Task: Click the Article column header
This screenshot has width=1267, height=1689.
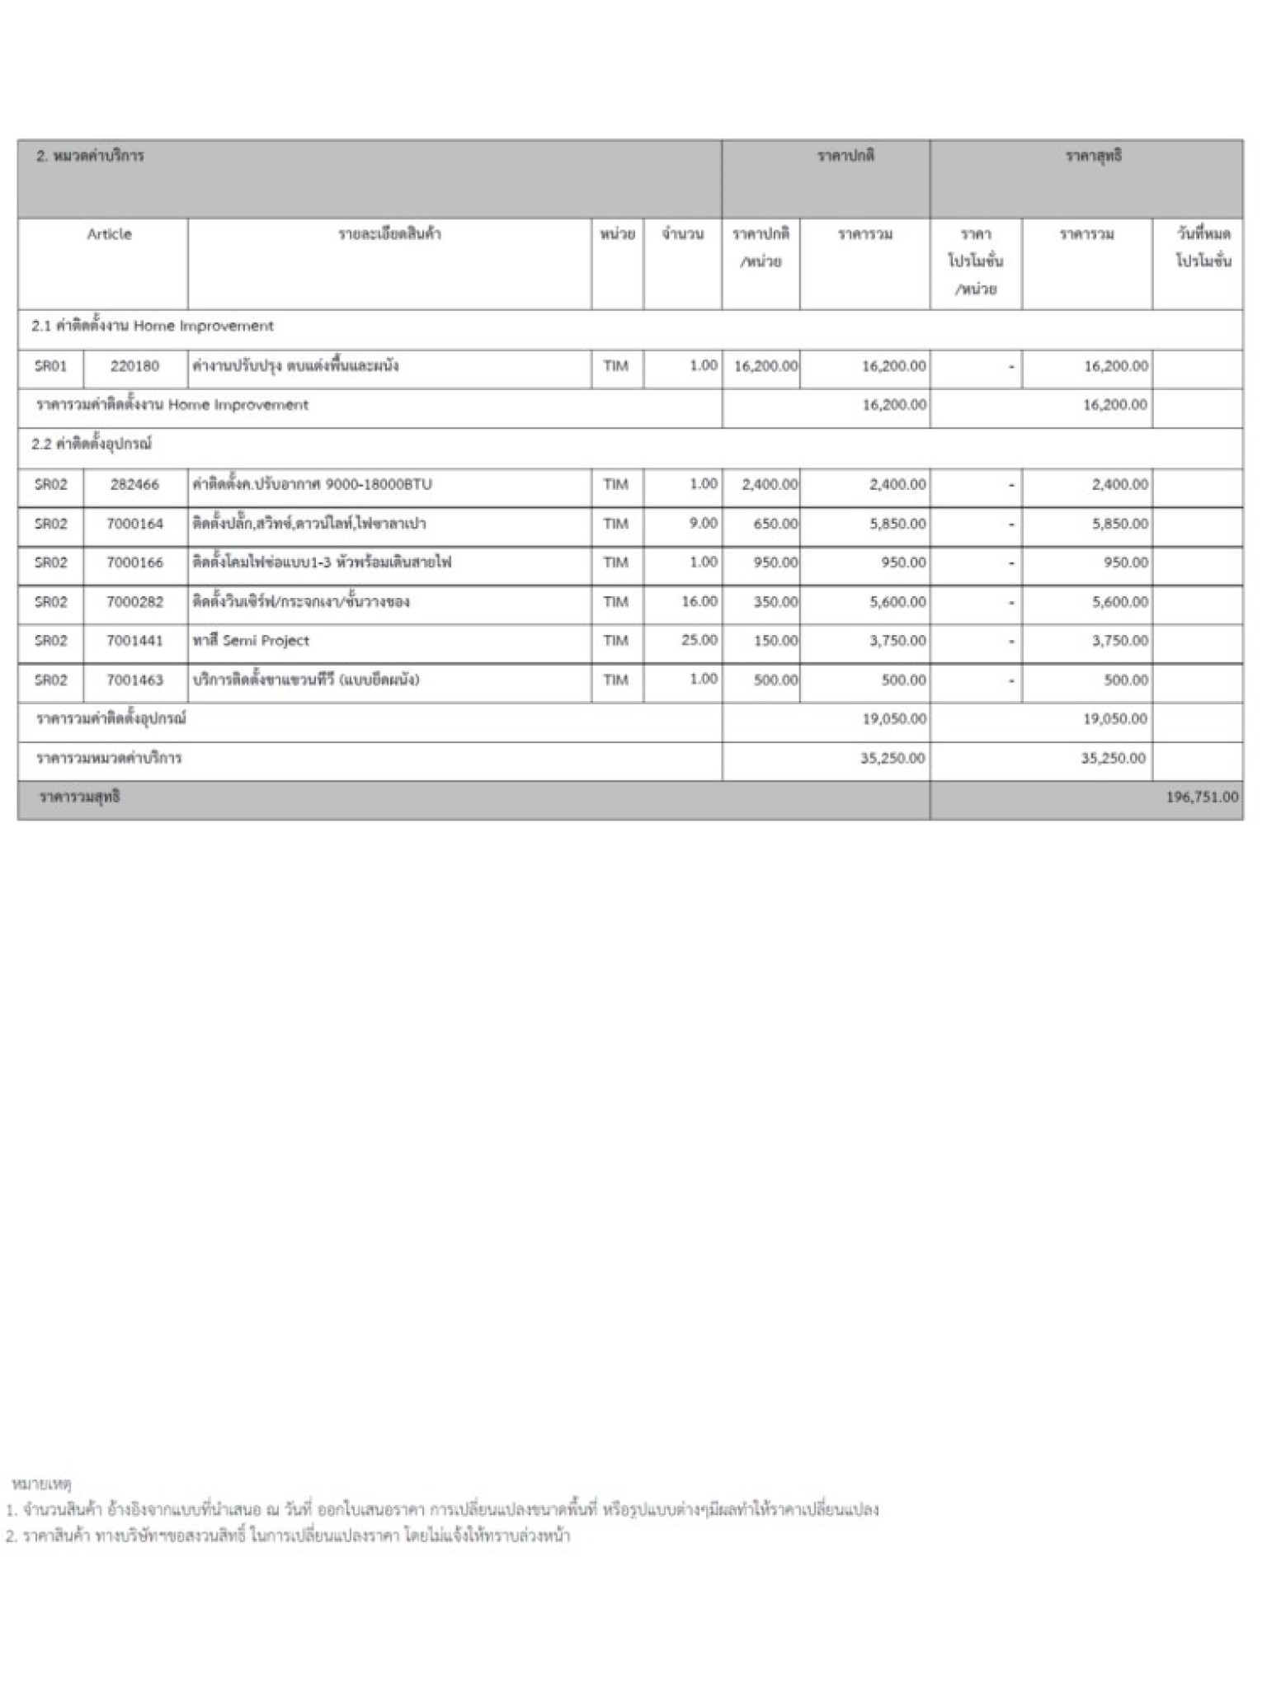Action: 109,234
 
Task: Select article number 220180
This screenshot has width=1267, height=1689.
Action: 134,366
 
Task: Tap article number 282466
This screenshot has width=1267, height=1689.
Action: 134,484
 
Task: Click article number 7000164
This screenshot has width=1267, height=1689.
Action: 134,524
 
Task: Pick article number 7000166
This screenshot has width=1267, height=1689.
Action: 134,562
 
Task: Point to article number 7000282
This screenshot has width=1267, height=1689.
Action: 134,602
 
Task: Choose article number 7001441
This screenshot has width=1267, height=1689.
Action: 134,641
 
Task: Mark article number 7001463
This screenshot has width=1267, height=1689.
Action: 134,680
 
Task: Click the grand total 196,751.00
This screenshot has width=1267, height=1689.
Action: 1201,797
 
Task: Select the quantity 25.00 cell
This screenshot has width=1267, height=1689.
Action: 699,640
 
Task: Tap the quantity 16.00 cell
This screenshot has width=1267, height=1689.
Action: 699,601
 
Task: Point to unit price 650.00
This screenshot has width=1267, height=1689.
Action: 775,524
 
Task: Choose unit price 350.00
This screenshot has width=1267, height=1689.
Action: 775,602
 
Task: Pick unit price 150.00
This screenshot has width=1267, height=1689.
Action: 775,641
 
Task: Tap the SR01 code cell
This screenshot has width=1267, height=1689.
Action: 50,366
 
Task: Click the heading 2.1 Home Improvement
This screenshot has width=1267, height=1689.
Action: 153,326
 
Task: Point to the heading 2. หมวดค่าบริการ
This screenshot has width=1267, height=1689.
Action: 90,156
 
